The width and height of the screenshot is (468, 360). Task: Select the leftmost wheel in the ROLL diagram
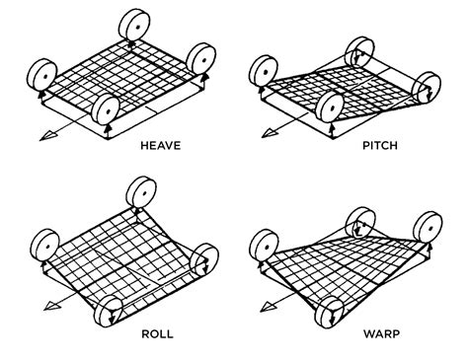click(x=44, y=243)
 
